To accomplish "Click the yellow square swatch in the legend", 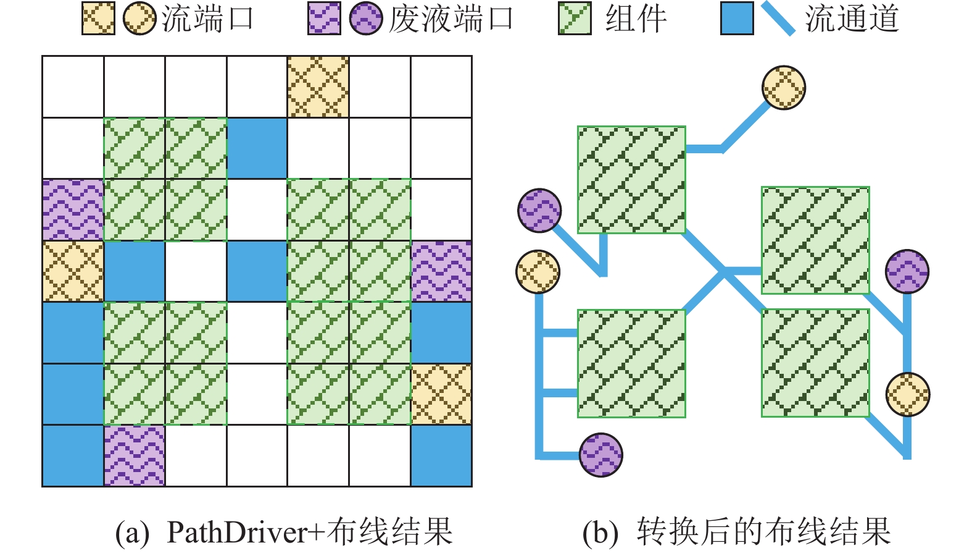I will [98, 19].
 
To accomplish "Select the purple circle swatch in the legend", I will [366, 19].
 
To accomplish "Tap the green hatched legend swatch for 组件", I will [575, 19].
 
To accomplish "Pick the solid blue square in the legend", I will [737, 19].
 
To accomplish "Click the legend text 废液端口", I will [451, 19].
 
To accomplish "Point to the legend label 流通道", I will [852, 19].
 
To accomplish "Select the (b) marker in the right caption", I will [600, 532].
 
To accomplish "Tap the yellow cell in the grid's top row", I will [318, 87].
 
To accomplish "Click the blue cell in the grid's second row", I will [257, 148].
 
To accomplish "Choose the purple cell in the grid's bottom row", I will [135, 456].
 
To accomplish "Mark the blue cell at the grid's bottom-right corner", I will [441, 456].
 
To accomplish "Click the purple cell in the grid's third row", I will [73, 209].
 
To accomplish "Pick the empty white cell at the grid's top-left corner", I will [73, 87].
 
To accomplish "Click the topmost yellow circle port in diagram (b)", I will [784, 87].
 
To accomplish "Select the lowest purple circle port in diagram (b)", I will [600, 455].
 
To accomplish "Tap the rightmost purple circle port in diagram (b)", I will [907, 271].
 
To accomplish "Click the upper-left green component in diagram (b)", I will [631, 179].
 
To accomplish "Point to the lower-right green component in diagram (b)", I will [815, 363].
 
